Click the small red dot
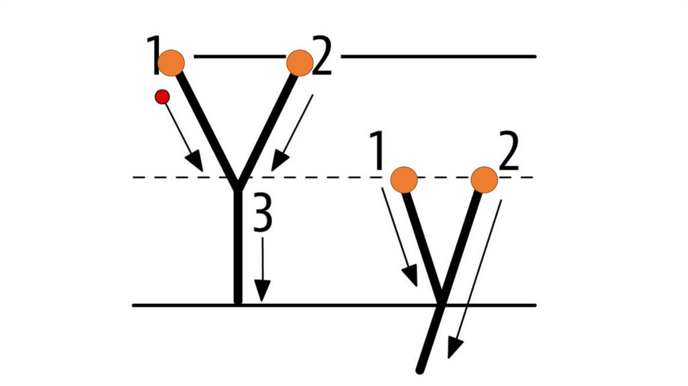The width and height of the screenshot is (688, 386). (x=162, y=97)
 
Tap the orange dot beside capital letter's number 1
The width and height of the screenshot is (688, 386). (x=171, y=62)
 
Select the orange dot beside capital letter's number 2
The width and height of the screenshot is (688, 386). (x=300, y=63)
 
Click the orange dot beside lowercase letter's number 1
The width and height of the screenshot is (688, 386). (x=404, y=180)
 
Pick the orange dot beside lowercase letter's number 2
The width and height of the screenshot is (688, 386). (x=484, y=180)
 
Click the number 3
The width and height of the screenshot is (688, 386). (x=263, y=215)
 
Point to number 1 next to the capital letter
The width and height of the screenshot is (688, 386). (x=153, y=56)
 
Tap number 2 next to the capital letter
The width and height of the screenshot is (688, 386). (x=323, y=57)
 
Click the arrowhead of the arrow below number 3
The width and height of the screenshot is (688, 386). (x=262, y=293)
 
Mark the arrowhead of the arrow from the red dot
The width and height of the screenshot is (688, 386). (x=196, y=161)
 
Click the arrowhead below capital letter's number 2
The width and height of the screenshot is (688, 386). (x=278, y=161)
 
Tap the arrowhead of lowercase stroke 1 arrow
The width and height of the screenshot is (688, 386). (x=410, y=276)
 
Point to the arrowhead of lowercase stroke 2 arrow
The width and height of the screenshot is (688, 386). (x=455, y=349)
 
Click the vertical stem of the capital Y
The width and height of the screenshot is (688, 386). (x=237, y=249)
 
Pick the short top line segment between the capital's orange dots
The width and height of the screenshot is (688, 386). (x=235, y=56)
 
